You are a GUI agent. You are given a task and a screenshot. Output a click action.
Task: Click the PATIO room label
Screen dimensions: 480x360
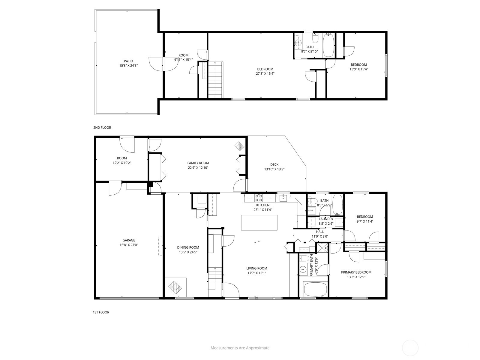[128, 61]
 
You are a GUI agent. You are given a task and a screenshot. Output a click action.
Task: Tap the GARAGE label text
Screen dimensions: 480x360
[129, 240]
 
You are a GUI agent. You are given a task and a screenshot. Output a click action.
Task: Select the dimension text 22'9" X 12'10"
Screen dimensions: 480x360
[198, 168]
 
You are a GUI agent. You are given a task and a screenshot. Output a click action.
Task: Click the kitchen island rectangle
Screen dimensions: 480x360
[259, 223]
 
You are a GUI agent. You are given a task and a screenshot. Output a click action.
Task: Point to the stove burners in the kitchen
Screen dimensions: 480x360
[259, 198]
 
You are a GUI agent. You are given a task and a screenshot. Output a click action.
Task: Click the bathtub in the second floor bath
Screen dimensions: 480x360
[328, 45]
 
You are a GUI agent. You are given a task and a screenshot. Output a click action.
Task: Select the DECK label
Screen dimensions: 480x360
[274, 165]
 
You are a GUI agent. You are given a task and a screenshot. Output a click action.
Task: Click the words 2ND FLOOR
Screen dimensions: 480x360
[102, 127]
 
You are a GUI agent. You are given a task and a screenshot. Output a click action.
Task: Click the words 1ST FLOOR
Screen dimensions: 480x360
[101, 312]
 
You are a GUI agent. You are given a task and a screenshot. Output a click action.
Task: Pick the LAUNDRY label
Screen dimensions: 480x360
[326, 219]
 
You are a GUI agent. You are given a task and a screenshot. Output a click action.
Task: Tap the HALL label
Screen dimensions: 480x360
[320, 232]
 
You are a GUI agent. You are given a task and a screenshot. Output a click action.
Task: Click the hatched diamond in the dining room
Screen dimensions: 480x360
[175, 287]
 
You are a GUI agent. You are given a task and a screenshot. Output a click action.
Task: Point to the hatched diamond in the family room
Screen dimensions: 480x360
[239, 146]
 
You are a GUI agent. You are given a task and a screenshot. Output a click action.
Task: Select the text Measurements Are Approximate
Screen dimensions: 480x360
[240, 348]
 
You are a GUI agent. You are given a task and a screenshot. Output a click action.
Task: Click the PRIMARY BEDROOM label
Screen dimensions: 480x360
[356, 272]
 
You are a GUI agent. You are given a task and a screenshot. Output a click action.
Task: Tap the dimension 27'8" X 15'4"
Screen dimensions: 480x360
[265, 74]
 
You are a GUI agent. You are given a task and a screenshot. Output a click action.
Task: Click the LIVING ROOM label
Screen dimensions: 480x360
[257, 268]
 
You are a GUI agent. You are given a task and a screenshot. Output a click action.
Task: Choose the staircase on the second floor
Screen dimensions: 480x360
[215, 80]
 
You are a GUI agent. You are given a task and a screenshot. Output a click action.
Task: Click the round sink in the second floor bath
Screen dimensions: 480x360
[298, 43]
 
